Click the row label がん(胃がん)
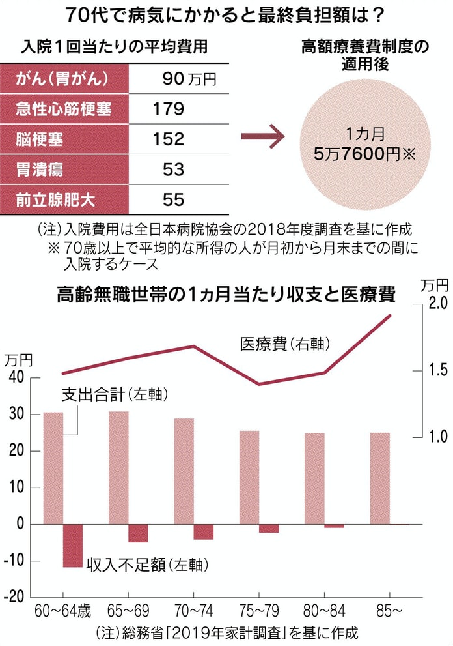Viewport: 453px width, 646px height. pos(61,79)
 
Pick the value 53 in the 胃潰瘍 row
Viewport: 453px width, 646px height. pos(174,169)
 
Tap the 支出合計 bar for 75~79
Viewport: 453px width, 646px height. pos(249,477)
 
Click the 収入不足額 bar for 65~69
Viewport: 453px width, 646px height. pos(138,533)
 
